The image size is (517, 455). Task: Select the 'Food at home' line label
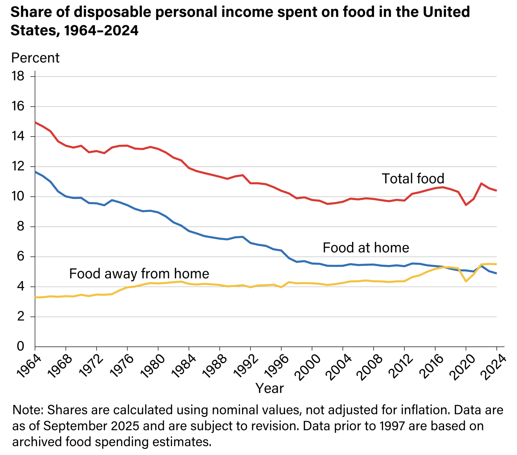point(366,248)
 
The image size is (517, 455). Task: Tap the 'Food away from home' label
point(139,274)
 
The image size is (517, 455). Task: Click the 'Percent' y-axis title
point(35,58)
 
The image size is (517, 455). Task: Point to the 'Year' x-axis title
point(269,388)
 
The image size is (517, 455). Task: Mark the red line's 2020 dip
point(466,205)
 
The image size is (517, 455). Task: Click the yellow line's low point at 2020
point(466,281)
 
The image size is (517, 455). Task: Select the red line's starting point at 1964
point(35,122)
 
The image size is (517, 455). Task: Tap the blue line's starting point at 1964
point(35,172)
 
